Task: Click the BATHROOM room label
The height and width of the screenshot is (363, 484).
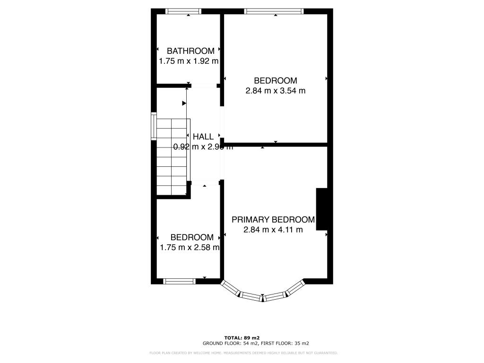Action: pyautogui.click(x=190, y=51)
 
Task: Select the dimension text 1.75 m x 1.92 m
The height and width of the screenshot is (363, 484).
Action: pyautogui.click(x=189, y=61)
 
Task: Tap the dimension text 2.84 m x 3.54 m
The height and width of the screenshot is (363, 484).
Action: pyautogui.click(x=275, y=91)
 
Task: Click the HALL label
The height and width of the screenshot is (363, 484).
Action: pyautogui.click(x=203, y=137)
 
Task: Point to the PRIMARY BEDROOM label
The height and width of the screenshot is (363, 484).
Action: pyautogui.click(x=273, y=219)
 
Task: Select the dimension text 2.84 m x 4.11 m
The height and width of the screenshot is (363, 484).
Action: pyautogui.click(x=273, y=230)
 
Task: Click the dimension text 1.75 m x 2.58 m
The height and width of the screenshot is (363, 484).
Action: pyautogui.click(x=189, y=247)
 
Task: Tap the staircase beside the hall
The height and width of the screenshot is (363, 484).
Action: pyautogui.click(x=172, y=156)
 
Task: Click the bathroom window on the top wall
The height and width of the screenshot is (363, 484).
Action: pyautogui.click(x=182, y=11)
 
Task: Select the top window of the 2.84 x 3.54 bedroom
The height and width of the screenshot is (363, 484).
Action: pyautogui.click(x=274, y=11)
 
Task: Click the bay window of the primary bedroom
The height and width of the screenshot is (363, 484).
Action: pyautogui.click(x=262, y=295)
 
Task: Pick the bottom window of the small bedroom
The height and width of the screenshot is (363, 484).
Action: pyautogui.click(x=179, y=281)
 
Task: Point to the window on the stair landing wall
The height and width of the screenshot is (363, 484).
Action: pyautogui.click(x=154, y=126)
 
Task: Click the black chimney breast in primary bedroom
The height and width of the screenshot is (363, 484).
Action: pyautogui.click(x=322, y=208)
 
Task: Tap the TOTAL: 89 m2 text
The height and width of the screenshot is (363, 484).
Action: pyautogui.click(x=242, y=337)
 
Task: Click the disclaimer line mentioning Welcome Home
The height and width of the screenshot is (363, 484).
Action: pyautogui.click(x=243, y=353)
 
